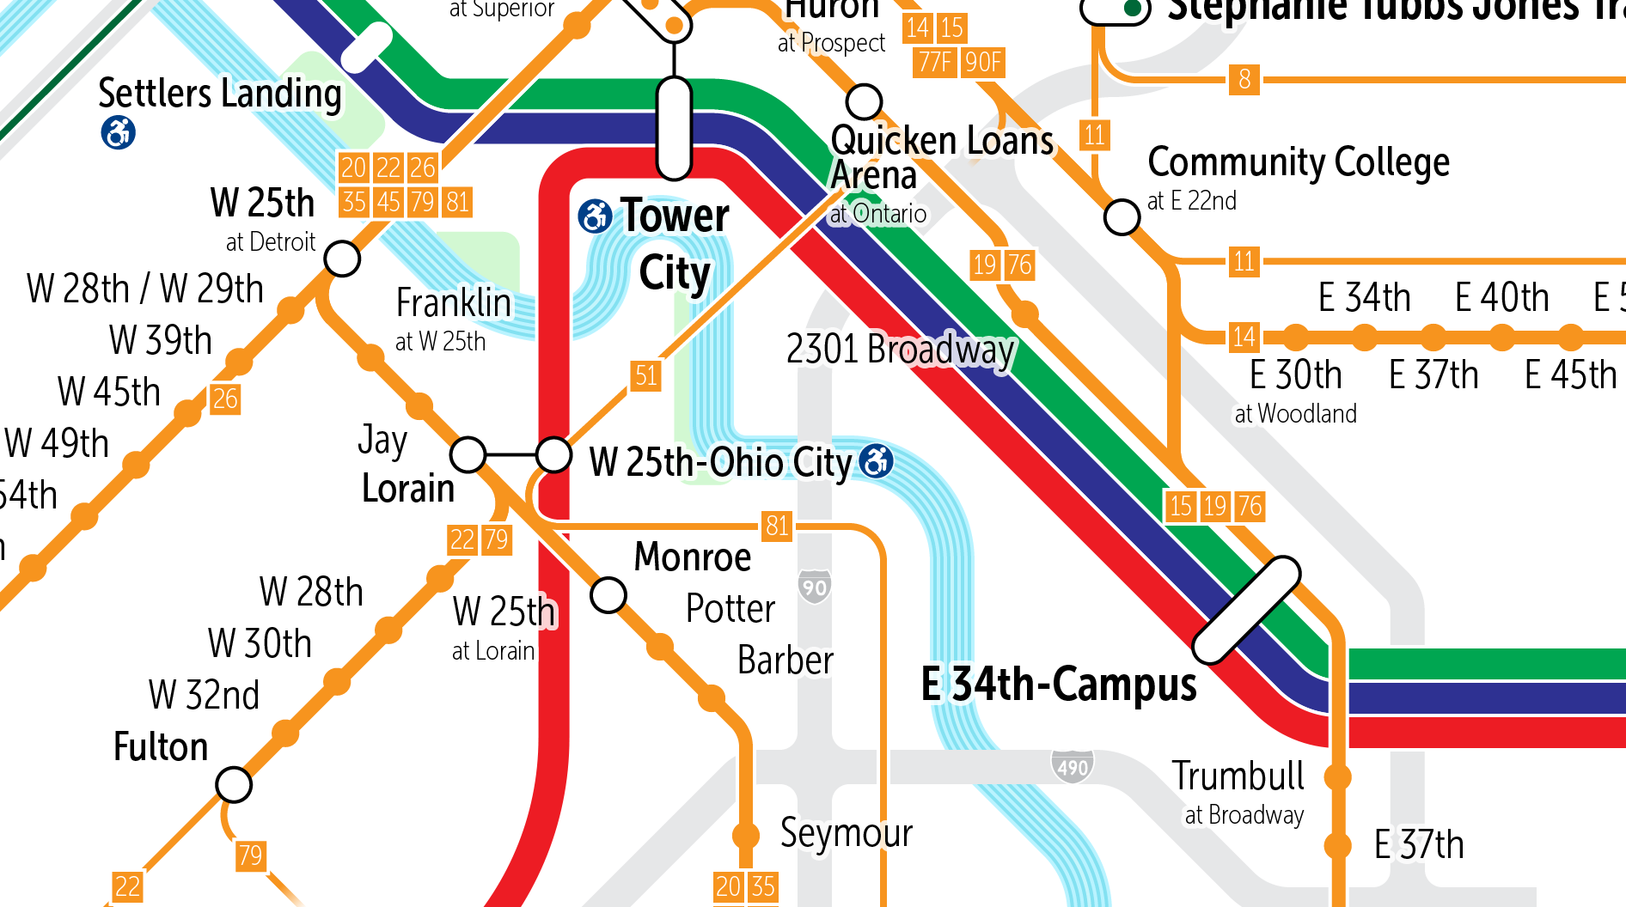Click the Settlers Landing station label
coord(220,93)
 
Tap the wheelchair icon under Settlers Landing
coord(119,133)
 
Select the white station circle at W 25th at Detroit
coord(342,258)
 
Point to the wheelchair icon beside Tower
coord(595,216)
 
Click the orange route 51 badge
coord(646,375)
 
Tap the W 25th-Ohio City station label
coord(720,462)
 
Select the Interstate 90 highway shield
coord(814,587)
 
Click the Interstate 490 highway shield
coord(1073,766)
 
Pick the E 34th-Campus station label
coord(1059,685)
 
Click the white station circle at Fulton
coord(234,784)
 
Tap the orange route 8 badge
coord(1244,80)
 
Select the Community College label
coord(1298,162)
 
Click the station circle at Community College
coord(1122,217)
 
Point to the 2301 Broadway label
coord(900,350)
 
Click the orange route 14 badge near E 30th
coord(1244,337)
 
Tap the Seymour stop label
coord(846,833)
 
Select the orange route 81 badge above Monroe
coord(777,526)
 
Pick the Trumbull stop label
coord(1238,776)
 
